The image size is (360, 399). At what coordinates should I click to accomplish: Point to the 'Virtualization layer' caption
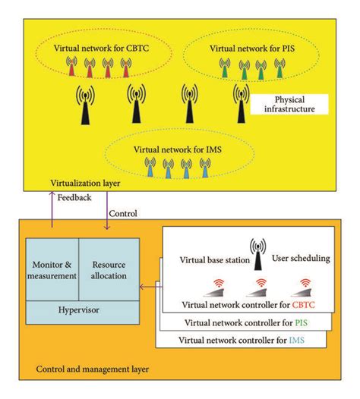86,183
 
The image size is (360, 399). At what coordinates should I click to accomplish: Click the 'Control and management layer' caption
93,371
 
